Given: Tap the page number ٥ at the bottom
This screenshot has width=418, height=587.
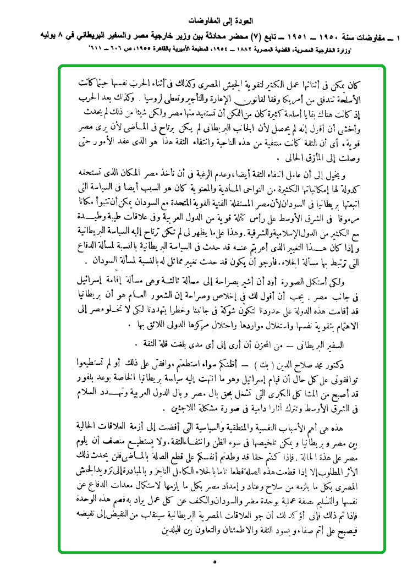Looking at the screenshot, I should [215, 562].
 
